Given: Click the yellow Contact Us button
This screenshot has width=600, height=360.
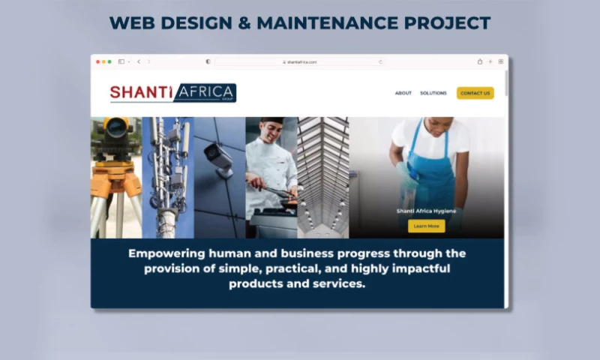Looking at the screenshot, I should pyautogui.click(x=475, y=93).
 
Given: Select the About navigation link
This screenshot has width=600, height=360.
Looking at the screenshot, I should pyautogui.click(x=403, y=93).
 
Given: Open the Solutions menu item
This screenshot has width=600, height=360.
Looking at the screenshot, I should pyautogui.click(x=433, y=93).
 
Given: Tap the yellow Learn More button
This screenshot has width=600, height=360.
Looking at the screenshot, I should pyautogui.click(x=426, y=226).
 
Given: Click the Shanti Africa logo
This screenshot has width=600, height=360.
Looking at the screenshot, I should pyautogui.click(x=173, y=93).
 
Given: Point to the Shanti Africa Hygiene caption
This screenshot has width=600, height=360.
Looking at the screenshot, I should pyautogui.click(x=426, y=211).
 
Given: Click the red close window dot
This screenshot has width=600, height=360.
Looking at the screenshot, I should pyautogui.click(x=97, y=61).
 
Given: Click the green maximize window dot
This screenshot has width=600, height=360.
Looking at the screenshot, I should pyautogui.click(x=109, y=61).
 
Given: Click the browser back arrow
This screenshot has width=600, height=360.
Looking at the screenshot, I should pyautogui.click(x=139, y=61).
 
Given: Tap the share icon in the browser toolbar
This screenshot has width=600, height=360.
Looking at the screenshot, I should pyautogui.click(x=480, y=61).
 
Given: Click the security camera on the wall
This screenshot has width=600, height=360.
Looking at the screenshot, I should pyautogui.click(x=218, y=158).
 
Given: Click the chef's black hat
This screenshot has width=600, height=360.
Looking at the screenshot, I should pyautogui.click(x=271, y=121).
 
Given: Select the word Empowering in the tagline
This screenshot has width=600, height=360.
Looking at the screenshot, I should pyautogui.click(x=166, y=253).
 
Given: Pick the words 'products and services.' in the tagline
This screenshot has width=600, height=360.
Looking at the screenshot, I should pyautogui.click(x=297, y=284).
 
